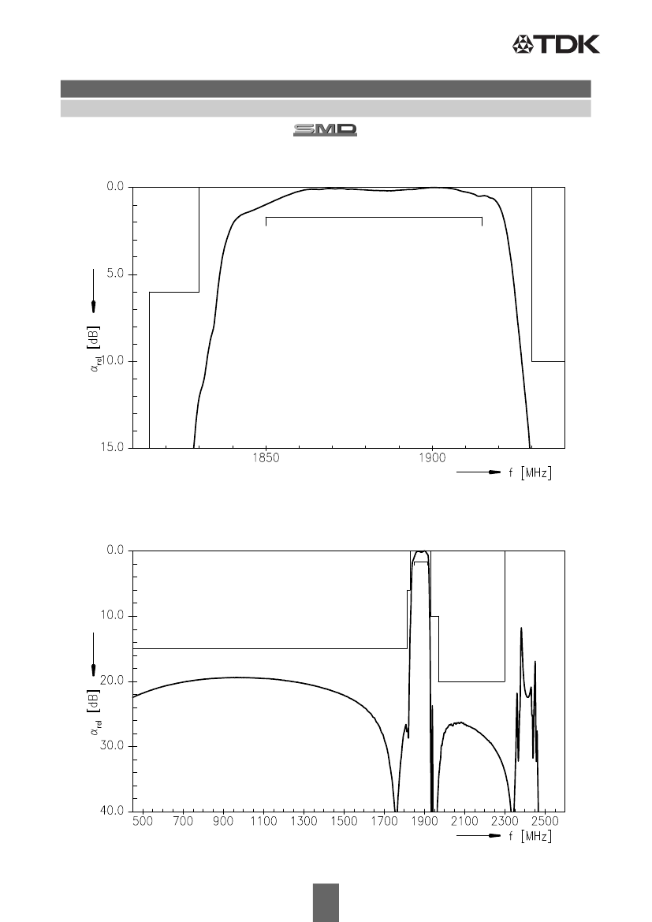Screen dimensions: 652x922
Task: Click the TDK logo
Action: (556, 44)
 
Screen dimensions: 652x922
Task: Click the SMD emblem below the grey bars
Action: (325, 130)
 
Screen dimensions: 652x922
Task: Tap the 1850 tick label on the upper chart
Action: (266, 459)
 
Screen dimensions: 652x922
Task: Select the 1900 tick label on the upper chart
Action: (433, 459)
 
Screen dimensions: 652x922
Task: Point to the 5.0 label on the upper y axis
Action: (115, 274)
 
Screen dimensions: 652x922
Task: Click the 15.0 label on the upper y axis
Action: (112, 447)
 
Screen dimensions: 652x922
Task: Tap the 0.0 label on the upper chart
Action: (115, 186)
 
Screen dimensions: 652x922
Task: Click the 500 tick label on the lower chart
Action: (143, 821)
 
